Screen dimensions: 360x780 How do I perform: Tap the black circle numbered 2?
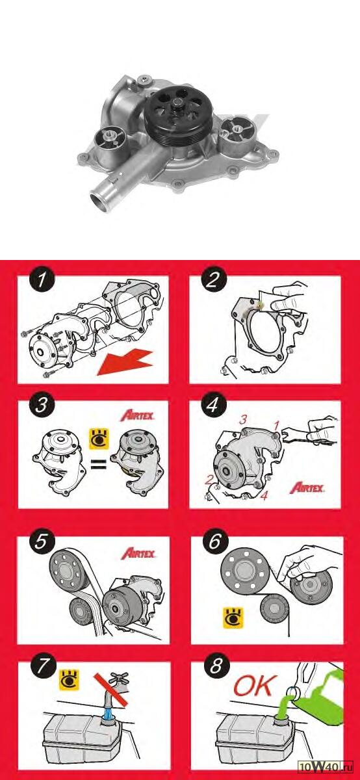(x=212, y=279)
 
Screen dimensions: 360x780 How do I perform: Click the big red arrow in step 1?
(x=125, y=363)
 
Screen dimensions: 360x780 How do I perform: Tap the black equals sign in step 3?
(x=98, y=464)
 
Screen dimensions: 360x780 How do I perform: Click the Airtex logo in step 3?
(x=137, y=415)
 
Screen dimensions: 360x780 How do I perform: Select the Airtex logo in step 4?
(x=307, y=487)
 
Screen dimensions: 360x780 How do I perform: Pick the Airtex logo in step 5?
(x=138, y=553)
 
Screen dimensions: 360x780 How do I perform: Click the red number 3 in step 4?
(x=243, y=419)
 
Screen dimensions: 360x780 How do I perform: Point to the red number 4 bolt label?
(x=264, y=495)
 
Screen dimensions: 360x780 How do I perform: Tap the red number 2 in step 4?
(x=209, y=480)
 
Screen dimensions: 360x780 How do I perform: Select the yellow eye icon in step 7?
(x=70, y=680)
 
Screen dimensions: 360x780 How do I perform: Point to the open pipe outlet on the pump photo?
(x=100, y=201)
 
